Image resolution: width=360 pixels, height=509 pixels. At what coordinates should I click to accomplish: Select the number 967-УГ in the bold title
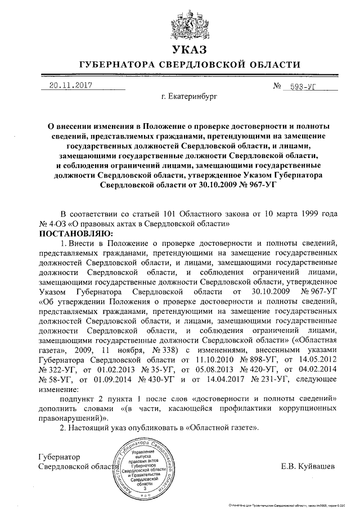click(256, 184)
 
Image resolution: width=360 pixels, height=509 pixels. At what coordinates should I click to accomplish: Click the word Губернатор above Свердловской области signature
click(59, 457)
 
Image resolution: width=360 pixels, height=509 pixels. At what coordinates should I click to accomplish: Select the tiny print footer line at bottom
click(292, 505)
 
